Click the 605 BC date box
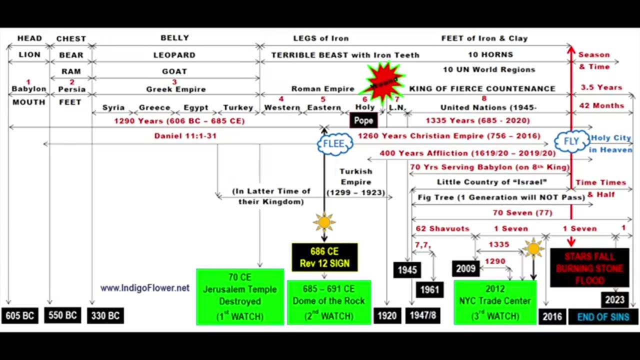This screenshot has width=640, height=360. click(x=20, y=316)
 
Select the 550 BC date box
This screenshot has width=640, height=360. click(x=62, y=315)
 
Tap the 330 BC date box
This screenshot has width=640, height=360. click(x=105, y=316)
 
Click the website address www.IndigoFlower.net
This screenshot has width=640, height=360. click(x=144, y=288)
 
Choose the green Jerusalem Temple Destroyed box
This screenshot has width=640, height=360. click(x=240, y=296)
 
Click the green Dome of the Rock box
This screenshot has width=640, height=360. click(x=329, y=302)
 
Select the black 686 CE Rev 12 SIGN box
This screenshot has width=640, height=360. click(x=324, y=257)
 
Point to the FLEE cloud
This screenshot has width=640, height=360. click(x=334, y=144)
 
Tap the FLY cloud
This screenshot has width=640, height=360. click(x=571, y=141)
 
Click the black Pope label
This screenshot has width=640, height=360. click(x=363, y=120)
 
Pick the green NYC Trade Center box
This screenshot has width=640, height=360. click(x=495, y=302)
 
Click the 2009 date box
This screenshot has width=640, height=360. click(x=465, y=269)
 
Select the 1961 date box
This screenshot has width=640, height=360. click(x=429, y=289)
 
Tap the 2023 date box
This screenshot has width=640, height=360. click(x=614, y=300)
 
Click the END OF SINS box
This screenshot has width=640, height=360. click(x=603, y=317)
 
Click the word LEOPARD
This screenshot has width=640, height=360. click(x=174, y=55)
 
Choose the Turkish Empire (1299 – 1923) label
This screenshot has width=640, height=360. click(x=356, y=182)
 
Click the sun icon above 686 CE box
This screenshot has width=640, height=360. click(x=324, y=221)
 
